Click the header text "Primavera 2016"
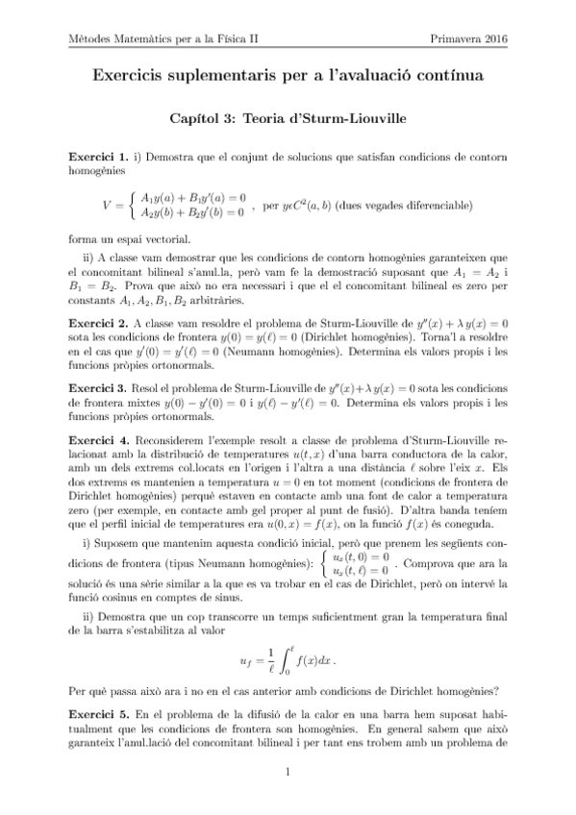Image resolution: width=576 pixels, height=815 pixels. [x=471, y=38]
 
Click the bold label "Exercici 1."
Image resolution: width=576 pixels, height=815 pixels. [x=99, y=157]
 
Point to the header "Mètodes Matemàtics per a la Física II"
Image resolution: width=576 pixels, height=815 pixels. [x=169, y=38]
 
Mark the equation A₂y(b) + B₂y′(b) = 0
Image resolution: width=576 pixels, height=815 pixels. [x=191, y=211]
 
